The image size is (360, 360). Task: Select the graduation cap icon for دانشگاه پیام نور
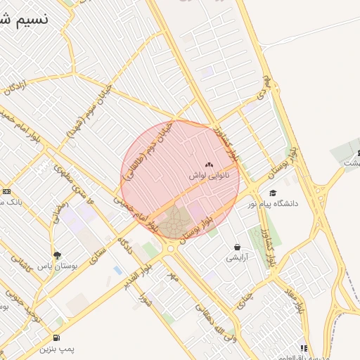click(272, 193)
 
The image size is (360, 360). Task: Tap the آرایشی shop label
click(237, 258)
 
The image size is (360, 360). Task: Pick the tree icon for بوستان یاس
click(57, 255)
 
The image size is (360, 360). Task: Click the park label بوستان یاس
click(74, 266)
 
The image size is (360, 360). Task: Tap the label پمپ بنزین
click(57, 348)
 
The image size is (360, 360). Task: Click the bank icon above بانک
click(6, 191)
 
